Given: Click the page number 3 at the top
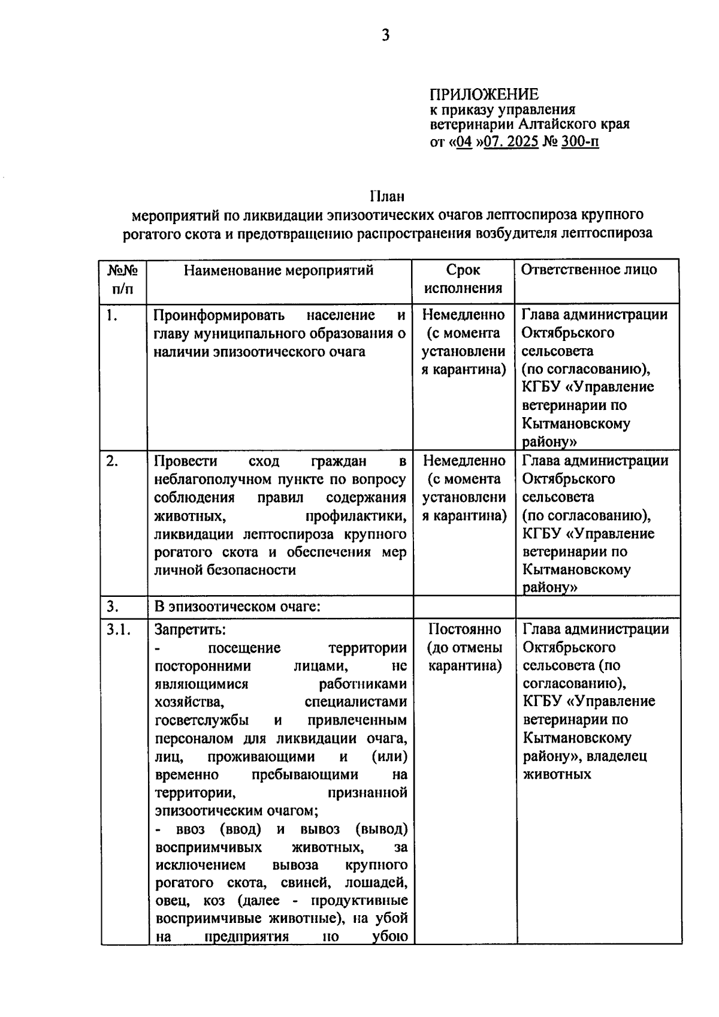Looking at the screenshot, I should coord(385,36).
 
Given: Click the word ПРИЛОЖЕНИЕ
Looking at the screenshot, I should coord(484,94).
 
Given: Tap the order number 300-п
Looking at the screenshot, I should coord(581,143).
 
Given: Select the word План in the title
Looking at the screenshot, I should coord(386,196).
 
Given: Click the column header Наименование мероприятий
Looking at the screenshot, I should coord(279,270).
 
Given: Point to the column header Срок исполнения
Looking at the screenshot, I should coord(463,279).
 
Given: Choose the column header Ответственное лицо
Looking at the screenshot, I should coord(588,270).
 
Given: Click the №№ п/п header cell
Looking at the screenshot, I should coord(123,279).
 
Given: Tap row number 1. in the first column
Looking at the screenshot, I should coord(111,315).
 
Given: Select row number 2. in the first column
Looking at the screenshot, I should coord(112,461).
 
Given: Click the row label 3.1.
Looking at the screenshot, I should coord(118,629).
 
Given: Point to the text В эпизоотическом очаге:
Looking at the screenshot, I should coord(238,606).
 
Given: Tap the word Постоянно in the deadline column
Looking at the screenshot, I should coord(465,629).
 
